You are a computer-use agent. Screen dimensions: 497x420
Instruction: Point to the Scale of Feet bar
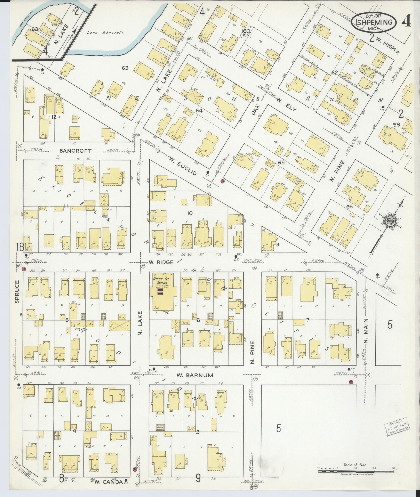coord(356,471)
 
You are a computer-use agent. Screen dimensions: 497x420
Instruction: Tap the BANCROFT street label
coord(72,150)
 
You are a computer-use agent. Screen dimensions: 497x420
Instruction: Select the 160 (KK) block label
coord(246,33)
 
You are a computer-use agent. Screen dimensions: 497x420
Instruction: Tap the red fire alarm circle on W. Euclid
coord(222,181)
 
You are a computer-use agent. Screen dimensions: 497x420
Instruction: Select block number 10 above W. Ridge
coord(190,213)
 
